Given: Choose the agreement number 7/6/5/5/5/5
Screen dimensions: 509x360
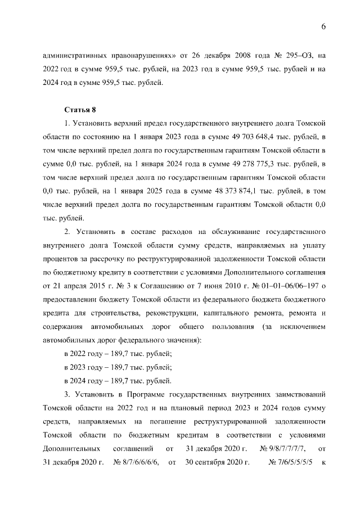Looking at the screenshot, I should point(291,462).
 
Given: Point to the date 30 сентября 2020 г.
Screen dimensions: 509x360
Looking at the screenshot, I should point(217,462).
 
